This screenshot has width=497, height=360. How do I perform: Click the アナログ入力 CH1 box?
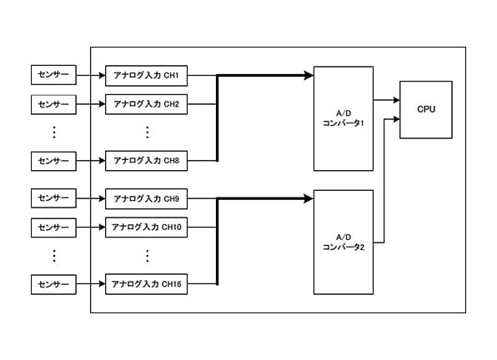146,76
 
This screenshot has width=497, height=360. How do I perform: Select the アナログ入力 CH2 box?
146,104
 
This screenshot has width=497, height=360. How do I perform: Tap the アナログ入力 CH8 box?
146,161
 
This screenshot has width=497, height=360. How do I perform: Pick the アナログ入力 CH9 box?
146,199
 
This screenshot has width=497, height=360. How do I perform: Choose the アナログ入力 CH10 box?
146,227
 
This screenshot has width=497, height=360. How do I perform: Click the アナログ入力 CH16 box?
146,284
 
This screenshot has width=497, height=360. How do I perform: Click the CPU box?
426,110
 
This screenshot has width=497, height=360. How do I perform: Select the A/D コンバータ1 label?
344,118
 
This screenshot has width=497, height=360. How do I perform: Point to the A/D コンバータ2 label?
344,242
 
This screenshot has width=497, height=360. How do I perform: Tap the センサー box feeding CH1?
53,75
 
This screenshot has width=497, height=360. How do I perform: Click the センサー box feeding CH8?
53,161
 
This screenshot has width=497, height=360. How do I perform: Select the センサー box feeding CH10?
53,227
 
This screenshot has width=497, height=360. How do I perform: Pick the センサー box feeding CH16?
53,284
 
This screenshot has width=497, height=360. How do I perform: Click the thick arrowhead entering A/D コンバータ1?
309,75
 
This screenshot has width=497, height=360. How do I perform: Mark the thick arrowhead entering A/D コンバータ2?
309,198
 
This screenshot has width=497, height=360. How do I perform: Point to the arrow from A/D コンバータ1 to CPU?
386,100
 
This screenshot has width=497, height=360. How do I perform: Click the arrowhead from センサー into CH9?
102,198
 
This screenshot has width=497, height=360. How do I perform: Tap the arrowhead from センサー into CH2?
102,104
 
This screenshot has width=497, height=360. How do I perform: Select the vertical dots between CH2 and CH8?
147,132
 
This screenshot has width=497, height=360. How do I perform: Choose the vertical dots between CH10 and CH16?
147,256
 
